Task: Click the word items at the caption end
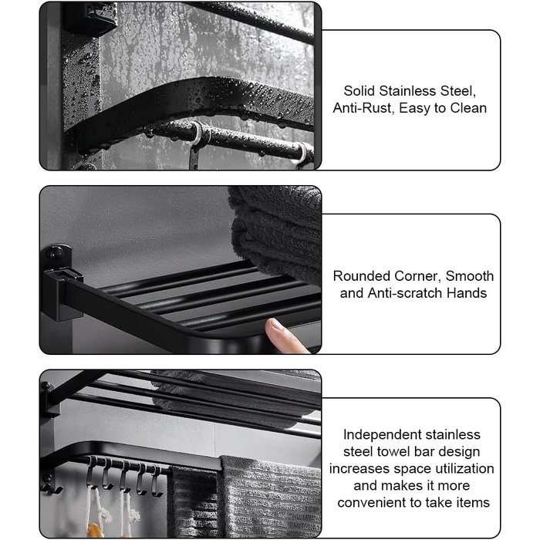click(x=473, y=502)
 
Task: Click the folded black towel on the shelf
click(x=275, y=231)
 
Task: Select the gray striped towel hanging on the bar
click(x=270, y=496)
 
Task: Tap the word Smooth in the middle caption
click(x=470, y=276)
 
